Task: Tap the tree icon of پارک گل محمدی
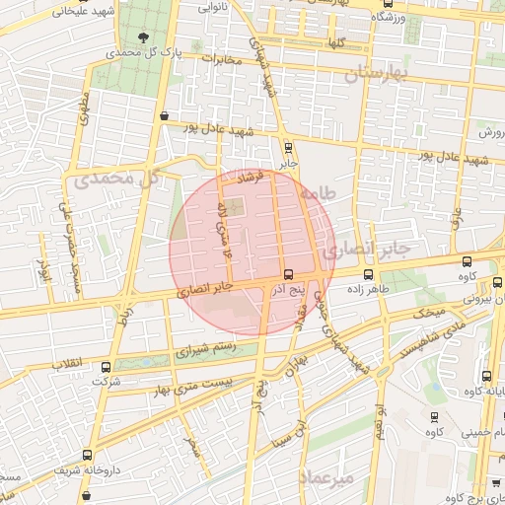(x=145, y=36)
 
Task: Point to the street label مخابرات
(x=222, y=59)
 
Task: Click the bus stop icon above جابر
(x=288, y=150)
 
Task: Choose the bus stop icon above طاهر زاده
(x=369, y=275)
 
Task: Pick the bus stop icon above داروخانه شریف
(x=88, y=456)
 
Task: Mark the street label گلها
(x=336, y=44)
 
